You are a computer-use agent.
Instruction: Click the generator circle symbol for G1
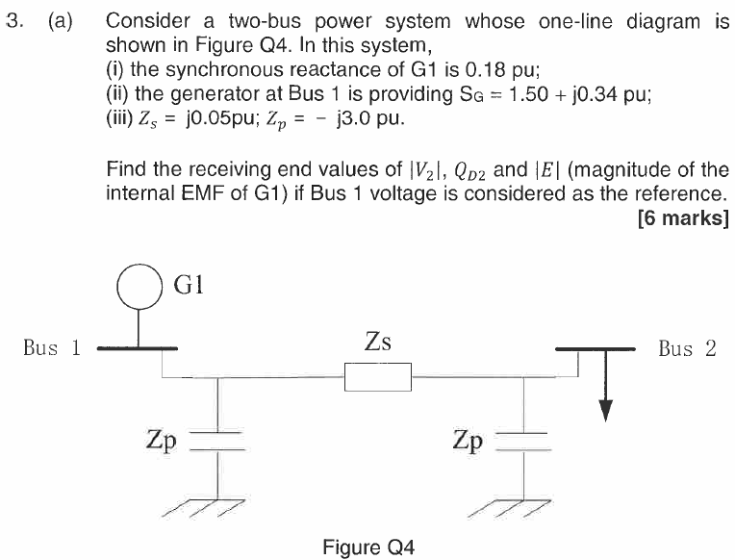(x=139, y=287)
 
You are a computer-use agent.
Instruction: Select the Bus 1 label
(x=51, y=348)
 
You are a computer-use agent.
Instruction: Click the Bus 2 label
(x=687, y=348)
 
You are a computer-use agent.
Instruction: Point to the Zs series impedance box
(x=378, y=376)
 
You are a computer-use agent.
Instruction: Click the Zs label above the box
(x=378, y=341)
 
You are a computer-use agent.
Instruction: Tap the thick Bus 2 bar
(x=595, y=347)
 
